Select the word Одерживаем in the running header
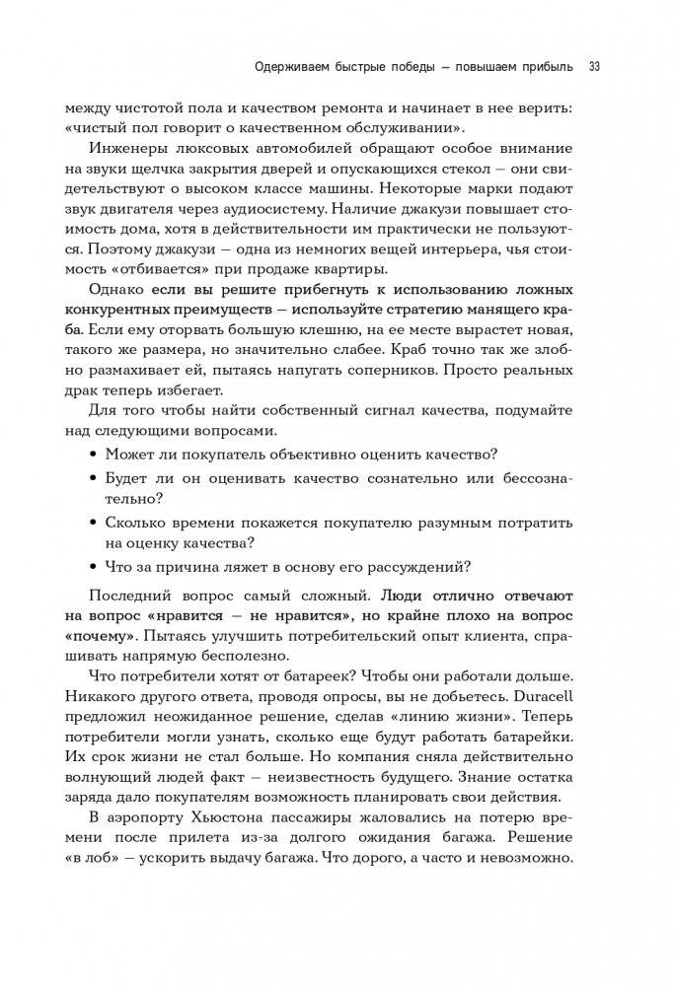point(286,67)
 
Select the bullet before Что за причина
point(94,566)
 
